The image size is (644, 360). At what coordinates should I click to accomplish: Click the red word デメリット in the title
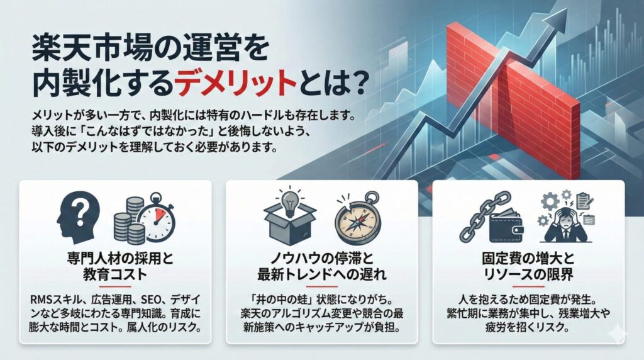pyautogui.click(x=235, y=83)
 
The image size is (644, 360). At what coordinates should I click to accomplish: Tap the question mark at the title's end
pyautogui.click(x=353, y=83)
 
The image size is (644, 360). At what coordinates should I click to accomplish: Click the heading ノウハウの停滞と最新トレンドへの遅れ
pyautogui.click(x=321, y=267)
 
